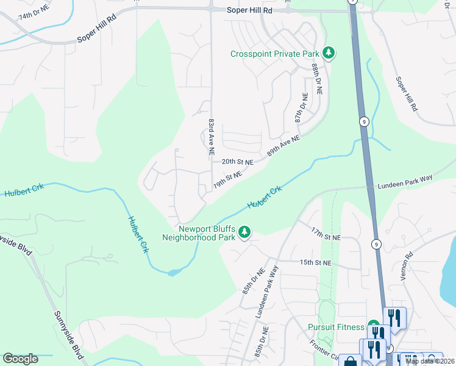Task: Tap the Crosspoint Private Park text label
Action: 274,54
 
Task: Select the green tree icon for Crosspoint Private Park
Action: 329,54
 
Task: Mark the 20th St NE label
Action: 237,162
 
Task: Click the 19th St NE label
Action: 227,179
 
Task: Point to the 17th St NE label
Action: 325,234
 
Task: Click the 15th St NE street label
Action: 315,262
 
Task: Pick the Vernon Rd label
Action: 407,266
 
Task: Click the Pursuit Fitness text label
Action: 335,327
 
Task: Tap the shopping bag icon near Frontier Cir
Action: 350,362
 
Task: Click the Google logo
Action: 20,359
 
